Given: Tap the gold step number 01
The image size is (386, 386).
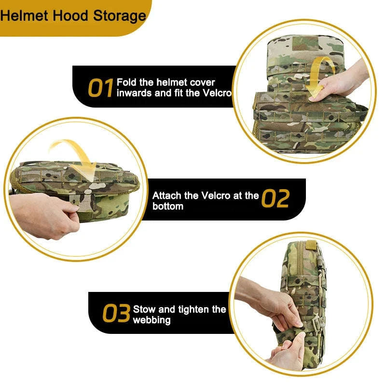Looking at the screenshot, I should coord(100,88).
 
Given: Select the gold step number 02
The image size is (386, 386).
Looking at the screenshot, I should coord(276,199).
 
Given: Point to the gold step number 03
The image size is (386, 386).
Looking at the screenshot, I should coord(116,314).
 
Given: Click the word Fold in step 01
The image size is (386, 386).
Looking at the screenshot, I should coord(126,83).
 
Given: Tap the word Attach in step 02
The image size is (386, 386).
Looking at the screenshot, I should coord(166,195).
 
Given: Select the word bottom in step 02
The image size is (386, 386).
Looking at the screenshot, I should coord(168,207).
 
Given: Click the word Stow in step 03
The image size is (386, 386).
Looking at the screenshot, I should coord(144,309).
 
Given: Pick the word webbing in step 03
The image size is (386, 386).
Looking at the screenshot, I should coord(152,320).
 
